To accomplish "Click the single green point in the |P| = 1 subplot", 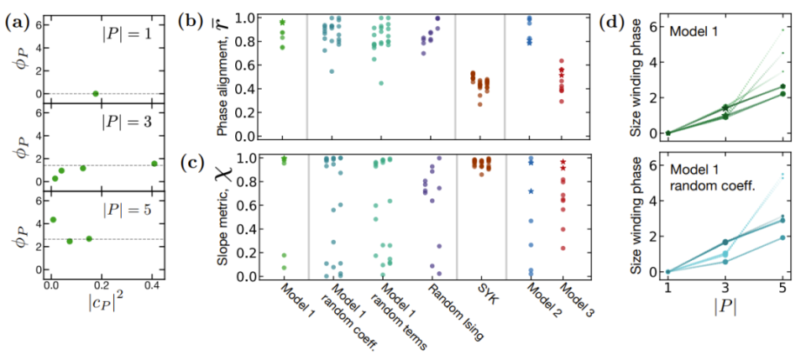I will tap(96, 93).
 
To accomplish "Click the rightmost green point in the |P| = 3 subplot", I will tap(154, 164).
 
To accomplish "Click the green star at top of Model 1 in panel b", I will tap(283, 22).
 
